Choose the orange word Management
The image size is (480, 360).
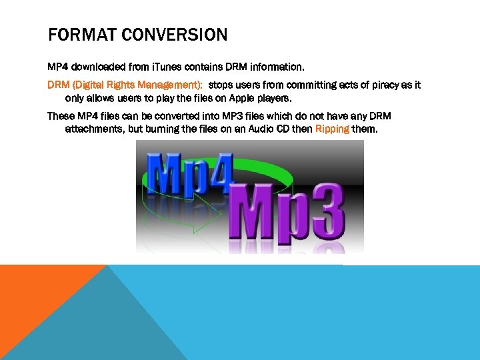pyautogui.click(x=170, y=85)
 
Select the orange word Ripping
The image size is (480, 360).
pyautogui.click(x=332, y=129)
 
